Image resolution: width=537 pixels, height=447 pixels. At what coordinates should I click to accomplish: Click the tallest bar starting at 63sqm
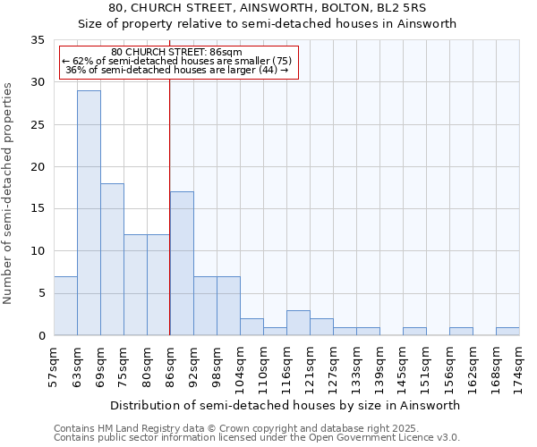tap(89, 213)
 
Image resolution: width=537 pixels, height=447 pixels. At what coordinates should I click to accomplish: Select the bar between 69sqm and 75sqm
tap(112, 259)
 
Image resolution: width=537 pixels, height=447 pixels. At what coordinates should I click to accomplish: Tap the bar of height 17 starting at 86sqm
tap(182, 264)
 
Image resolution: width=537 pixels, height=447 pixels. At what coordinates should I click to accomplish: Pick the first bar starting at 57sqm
tap(65, 306)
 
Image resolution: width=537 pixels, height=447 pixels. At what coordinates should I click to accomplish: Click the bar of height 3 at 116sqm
tap(298, 323)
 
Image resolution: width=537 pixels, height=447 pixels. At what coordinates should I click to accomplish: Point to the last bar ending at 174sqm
tap(507, 332)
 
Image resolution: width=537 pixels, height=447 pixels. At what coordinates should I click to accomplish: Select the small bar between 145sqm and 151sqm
tap(414, 332)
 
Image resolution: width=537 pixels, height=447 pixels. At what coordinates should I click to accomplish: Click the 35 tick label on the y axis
tap(38, 40)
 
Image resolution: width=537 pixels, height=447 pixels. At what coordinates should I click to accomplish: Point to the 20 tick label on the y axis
tap(38, 167)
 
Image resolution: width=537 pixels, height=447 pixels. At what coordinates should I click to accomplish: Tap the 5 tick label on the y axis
tap(41, 293)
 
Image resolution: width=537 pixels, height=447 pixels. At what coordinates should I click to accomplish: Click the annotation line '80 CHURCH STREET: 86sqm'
tap(177, 52)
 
